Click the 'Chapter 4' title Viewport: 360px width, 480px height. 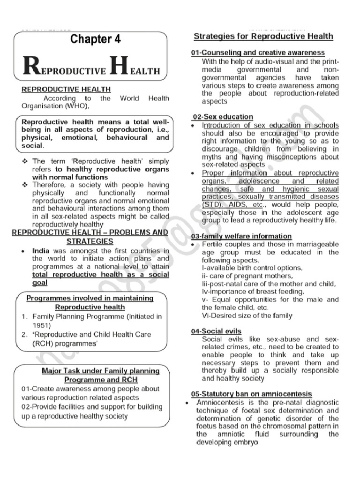95,39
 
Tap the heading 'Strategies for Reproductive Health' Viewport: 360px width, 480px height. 263,36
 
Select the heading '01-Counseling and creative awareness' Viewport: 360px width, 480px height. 258,53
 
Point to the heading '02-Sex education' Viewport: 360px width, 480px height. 223,117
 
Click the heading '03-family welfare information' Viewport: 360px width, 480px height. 241,236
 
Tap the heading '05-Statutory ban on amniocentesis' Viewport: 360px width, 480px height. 251,394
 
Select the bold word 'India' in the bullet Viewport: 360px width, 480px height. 41,251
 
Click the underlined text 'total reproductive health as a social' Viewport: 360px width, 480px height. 101,275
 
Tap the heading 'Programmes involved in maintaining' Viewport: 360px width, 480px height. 90,298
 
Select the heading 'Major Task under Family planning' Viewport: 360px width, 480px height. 100,370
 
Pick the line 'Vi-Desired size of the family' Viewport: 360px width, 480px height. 247,315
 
